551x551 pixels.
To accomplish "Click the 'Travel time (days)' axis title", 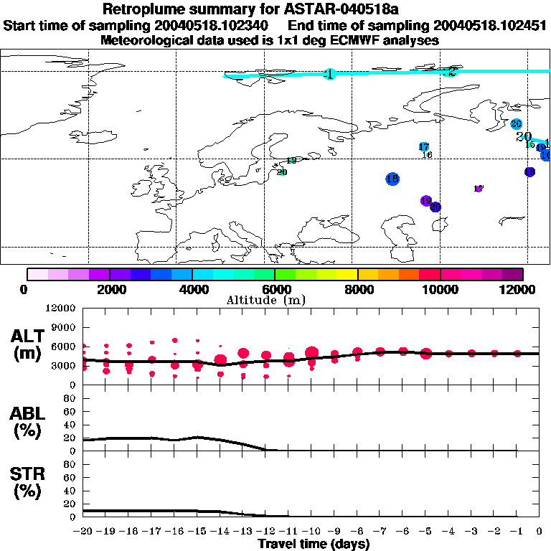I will [x=314, y=545].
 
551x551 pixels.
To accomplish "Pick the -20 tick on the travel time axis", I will [x=83, y=532].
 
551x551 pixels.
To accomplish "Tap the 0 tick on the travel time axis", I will [x=539, y=532].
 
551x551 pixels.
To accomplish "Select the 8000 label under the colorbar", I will [x=357, y=289].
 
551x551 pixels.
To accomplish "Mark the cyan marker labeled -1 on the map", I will [x=329, y=74].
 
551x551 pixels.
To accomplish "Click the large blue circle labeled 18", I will [x=392, y=179].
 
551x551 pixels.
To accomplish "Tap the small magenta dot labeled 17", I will [x=479, y=189].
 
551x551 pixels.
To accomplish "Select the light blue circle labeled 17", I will [x=423, y=147].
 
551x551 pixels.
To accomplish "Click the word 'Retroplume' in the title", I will [x=138, y=9].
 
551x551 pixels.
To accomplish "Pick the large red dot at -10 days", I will [x=311, y=352].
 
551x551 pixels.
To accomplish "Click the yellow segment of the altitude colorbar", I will [x=347, y=274].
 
